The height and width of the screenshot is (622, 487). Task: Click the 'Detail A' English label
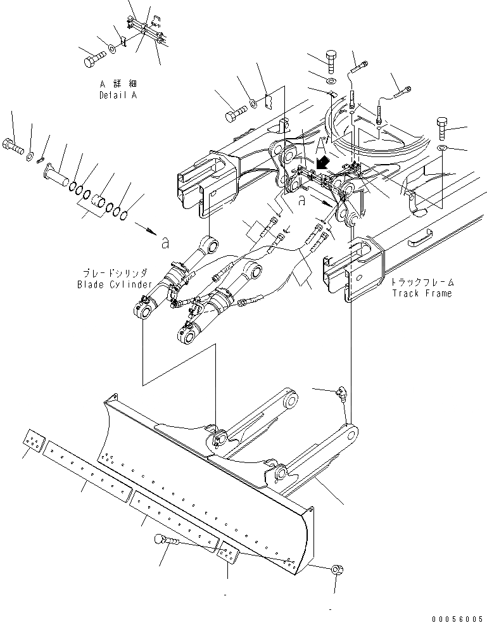click(117, 95)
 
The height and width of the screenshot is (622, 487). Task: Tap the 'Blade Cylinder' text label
click(112, 284)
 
